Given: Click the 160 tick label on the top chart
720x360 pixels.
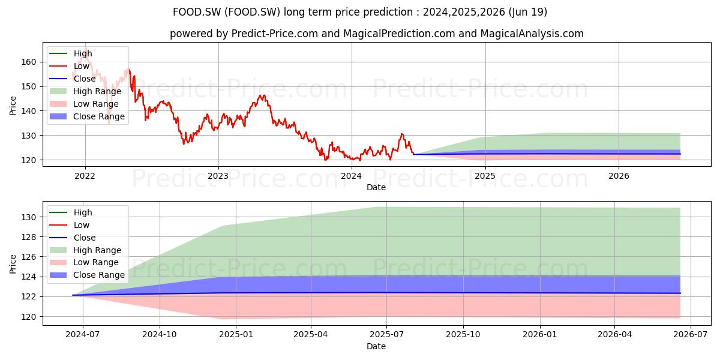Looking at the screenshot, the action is (29, 62).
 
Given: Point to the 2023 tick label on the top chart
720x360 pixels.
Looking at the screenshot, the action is (218, 176).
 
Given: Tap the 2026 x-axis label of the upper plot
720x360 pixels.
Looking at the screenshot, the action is (619, 176).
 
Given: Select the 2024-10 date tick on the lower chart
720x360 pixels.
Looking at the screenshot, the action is (160, 335).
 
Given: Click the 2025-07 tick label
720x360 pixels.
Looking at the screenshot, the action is (386, 335).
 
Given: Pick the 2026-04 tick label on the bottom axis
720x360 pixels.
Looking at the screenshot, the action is (614, 335).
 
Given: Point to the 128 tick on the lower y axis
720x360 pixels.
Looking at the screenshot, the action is (29, 237).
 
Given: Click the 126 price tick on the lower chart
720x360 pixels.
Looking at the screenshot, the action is (29, 257).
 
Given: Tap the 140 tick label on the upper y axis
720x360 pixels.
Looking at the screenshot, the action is (29, 111).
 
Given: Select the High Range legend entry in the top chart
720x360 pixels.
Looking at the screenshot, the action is (85, 91).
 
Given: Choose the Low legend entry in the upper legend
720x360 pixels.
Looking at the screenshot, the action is (69, 66).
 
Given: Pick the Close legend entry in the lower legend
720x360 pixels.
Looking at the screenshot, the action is (73, 238).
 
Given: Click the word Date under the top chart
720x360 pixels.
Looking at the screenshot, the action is (376, 187).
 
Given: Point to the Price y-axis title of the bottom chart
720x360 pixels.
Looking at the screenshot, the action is (13, 264).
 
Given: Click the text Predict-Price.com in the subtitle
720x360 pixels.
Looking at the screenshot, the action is (275, 34).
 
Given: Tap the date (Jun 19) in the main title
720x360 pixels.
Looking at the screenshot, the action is (528, 12).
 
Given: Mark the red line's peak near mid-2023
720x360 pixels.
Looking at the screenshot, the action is (263, 95).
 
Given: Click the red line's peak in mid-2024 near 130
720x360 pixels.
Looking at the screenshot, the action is (402, 134).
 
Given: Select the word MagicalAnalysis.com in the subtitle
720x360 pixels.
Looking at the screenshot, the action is (532, 34).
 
